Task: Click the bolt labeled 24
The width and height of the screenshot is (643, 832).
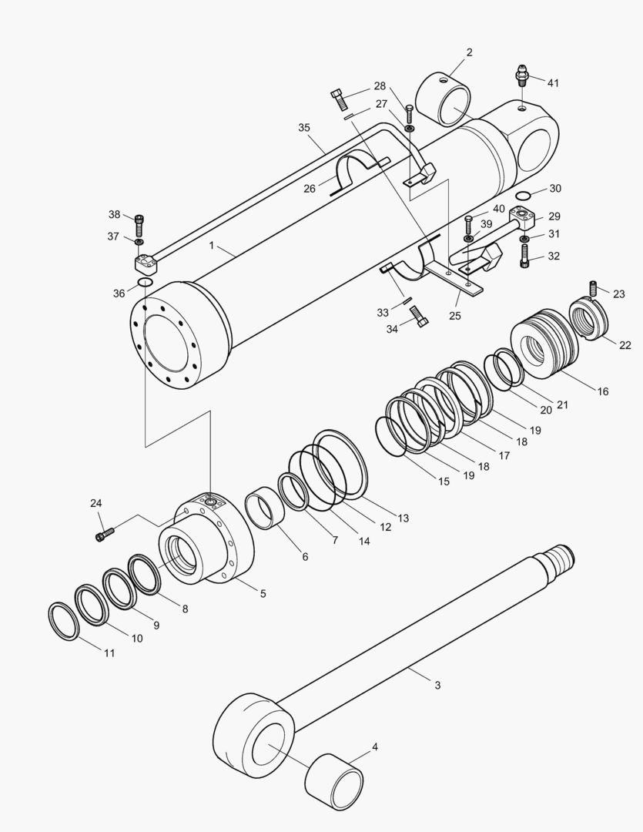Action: click(x=105, y=532)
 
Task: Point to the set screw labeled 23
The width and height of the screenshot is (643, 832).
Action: click(x=595, y=290)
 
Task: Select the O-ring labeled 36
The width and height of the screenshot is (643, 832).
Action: click(x=145, y=284)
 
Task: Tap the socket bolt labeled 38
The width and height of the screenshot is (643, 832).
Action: click(x=139, y=224)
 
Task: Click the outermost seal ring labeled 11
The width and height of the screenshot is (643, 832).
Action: click(x=63, y=622)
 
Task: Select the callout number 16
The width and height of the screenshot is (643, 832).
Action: click(x=602, y=391)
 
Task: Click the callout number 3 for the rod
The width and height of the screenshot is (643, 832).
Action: click(x=437, y=685)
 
